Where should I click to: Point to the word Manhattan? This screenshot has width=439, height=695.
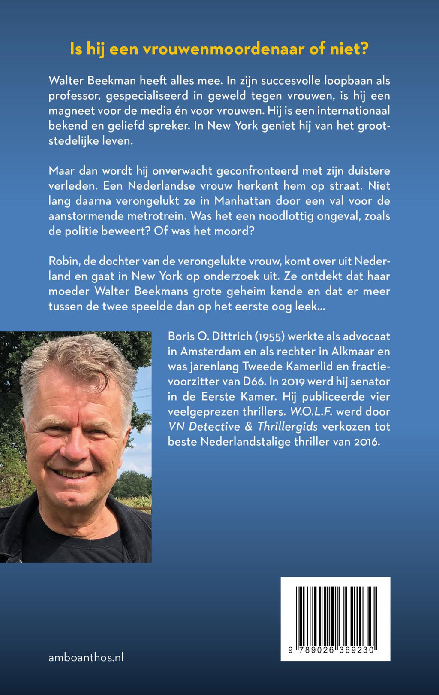pos(243,201)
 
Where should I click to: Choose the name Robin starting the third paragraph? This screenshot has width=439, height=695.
pos(61,261)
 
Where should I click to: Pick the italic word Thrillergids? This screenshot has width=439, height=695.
pos(287,427)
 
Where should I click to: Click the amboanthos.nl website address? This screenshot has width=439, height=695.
pos(86,657)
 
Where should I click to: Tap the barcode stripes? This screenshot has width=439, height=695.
pos(336,614)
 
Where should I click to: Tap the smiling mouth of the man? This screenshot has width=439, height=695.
pos(73,474)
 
